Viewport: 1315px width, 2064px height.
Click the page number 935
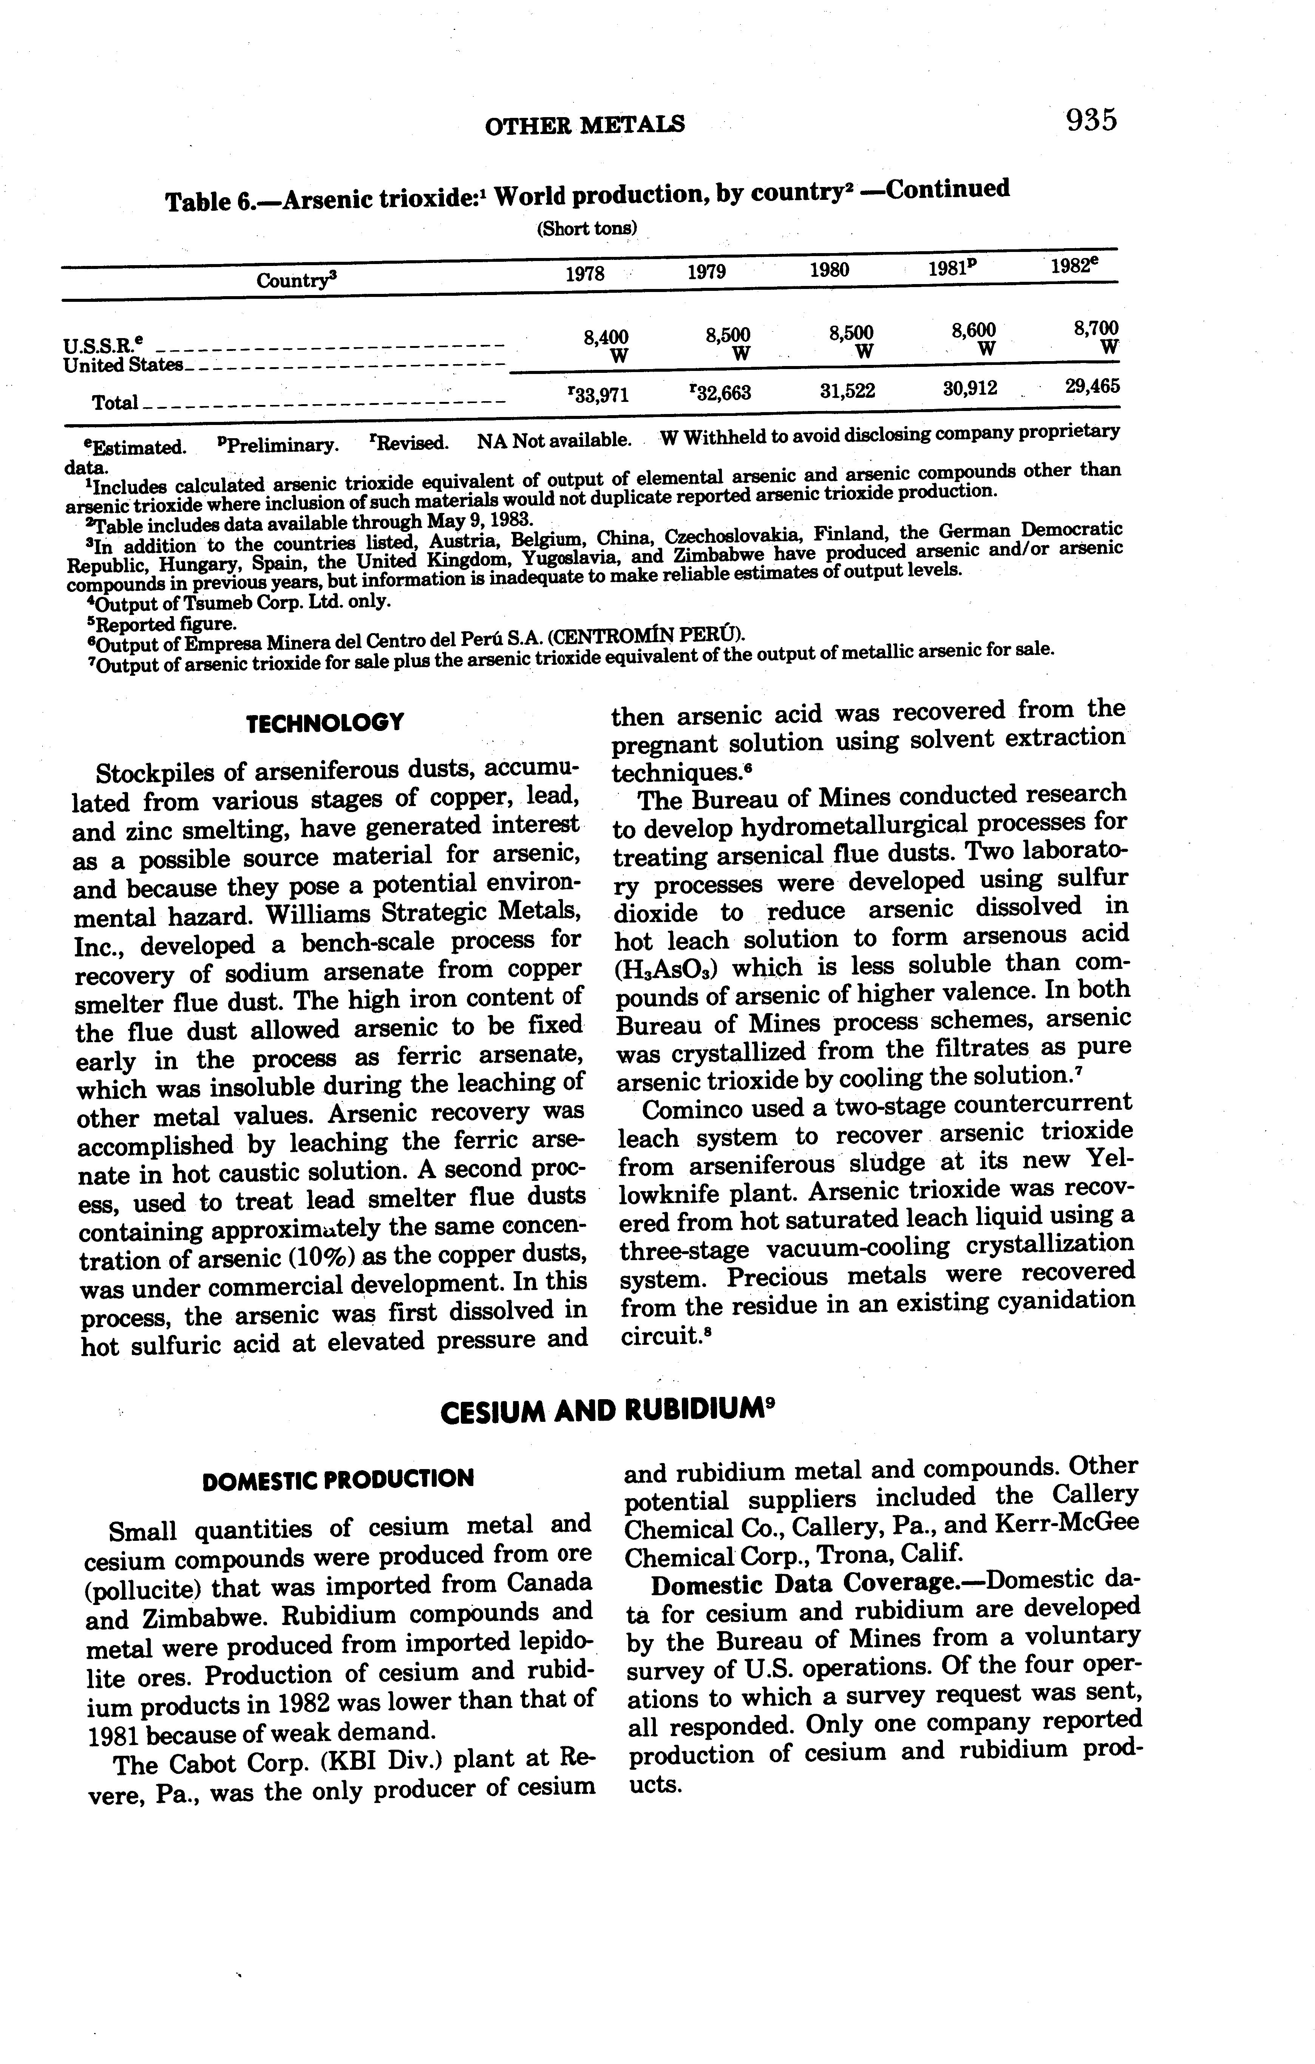[x=1091, y=120]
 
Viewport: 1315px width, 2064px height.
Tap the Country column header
[x=293, y=280]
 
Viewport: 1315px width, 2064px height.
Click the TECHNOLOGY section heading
[x=324, y=723]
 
